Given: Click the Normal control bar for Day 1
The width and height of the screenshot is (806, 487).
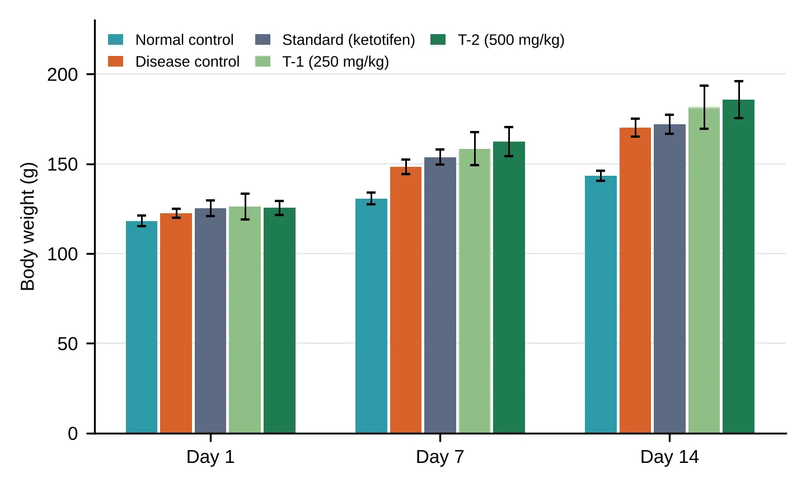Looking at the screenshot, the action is pos(142,327).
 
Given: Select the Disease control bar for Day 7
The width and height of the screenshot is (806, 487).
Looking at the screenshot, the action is pos(405,300).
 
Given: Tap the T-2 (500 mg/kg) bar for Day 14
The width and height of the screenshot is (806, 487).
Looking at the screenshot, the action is pos(738,266).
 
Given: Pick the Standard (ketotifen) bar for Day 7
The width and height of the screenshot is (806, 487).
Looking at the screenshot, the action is pos(440,295).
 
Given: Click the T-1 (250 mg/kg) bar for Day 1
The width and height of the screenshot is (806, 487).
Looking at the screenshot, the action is pos(245,320).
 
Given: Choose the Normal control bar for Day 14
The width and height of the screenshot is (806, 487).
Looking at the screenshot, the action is pos(601,305).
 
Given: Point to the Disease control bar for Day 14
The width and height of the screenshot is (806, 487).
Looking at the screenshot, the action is pos(635,280).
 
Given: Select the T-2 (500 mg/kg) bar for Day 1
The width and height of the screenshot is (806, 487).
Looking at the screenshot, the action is pos(280,320).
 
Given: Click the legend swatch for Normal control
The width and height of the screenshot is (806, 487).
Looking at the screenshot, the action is pos(115,40).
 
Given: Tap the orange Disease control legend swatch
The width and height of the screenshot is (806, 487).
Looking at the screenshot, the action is pos(115,61).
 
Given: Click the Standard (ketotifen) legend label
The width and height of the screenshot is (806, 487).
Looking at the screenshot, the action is pos(349,40).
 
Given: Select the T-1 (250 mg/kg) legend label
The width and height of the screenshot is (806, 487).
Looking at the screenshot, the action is pos(336,62).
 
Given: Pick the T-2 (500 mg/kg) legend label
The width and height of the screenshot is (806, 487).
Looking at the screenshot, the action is pos(511,40).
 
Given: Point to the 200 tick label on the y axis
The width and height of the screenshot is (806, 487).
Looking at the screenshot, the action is pos(63,75).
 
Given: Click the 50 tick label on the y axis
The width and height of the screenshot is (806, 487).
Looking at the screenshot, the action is pos(68,344).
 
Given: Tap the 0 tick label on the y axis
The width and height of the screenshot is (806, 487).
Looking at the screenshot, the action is pos(73,434).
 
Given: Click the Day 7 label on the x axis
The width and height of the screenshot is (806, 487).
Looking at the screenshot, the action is pos(440,457).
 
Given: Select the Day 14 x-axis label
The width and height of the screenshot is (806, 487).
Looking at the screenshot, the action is pos(669,457).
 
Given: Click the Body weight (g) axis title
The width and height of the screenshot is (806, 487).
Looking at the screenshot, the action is pos(28,226).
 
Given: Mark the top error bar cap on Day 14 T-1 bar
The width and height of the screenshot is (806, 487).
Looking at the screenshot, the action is pos(704,86).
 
